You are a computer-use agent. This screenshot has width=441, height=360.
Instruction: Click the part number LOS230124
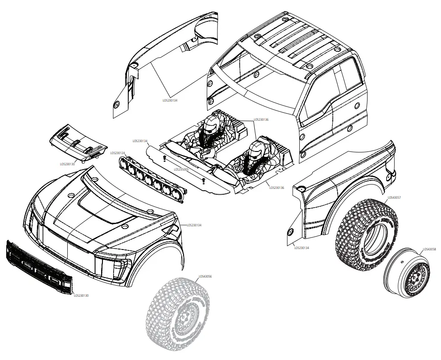pyautogui.click(x=118, y=153)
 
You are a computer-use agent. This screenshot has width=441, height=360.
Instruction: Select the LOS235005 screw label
pyautogui.click(x=181, y=169)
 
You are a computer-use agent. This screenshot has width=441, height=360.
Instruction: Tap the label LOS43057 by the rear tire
pyautogui.click(x=395, y=197)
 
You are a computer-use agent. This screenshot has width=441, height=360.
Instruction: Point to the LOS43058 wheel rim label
pyautogui.click(x=429, y=249)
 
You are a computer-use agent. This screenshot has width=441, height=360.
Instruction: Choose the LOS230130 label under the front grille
pyautogui.click(x=81, y=295)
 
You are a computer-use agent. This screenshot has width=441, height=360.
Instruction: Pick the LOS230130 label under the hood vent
pyautogui.click(x=67, y=164)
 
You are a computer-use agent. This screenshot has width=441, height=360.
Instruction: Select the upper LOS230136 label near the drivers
pyautogui.click(x=261, y=119)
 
